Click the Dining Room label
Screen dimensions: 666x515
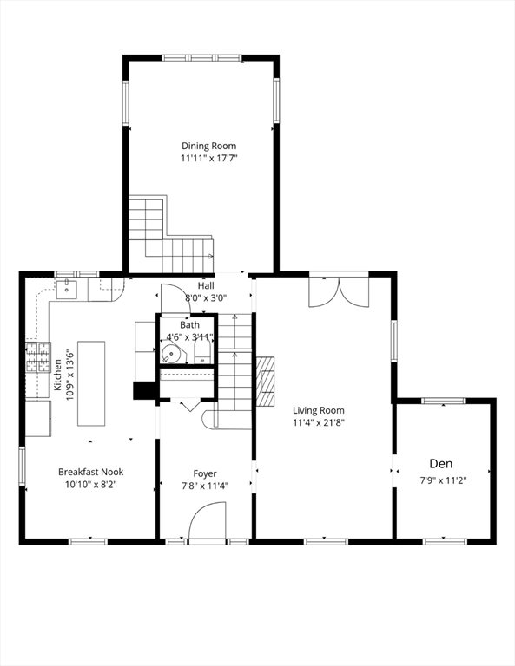coord(208,146)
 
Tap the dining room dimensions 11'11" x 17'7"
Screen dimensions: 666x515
coord(208,159)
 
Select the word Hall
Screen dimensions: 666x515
coord(206,285)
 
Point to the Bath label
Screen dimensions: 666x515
coord(189,324)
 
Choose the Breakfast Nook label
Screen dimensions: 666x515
coord(90,472)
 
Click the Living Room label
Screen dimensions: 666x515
coord(318,410)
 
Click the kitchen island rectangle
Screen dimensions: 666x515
coord(91,383)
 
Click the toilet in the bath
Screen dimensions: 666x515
coord(201,350)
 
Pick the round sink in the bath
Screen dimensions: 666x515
coord(173,353)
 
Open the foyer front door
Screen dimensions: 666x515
coord(208,524)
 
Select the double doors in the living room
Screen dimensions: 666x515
coord(339,291)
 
